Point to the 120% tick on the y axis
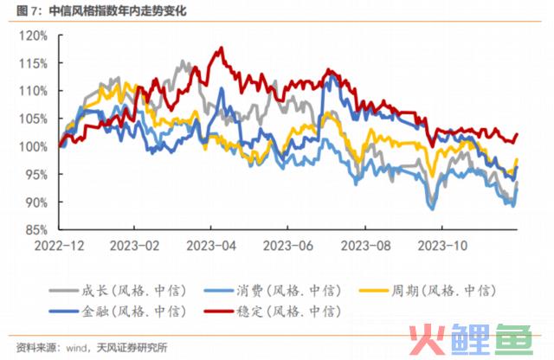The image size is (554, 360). pyautogui.click(x=35, y=35)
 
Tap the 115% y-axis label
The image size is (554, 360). pyautogui.click(x=35, y=63)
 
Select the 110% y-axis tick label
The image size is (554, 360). pyautogui.click(x=35, y=91)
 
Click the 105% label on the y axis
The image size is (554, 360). pyautogui.click(x=35, y=119)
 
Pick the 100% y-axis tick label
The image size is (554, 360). pyautogui.click(x=35, y=146)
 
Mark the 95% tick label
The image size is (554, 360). pyautogui.click(x=38, y=174)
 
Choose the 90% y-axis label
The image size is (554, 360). pyautogui.click(x=38, y=202)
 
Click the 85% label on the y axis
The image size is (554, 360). pyautogui.click(x=38, y=229)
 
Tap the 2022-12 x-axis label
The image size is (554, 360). pyautogui.click(x=59, y=245)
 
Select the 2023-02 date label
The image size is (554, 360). pyautogui.click(x=135, y=245)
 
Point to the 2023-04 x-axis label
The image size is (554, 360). pyautogui.click(x=211, y=245)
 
